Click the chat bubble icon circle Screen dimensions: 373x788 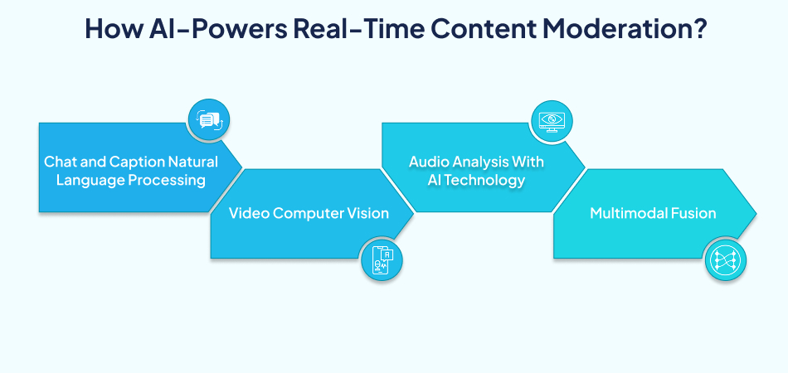[x=208, y=120]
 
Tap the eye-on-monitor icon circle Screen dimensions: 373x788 [x=551, y=120]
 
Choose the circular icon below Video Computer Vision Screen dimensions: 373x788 [x=382, y=259]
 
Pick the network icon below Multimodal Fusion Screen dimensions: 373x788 [x=724, y=259]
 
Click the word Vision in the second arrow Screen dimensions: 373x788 [x=367, y=213]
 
